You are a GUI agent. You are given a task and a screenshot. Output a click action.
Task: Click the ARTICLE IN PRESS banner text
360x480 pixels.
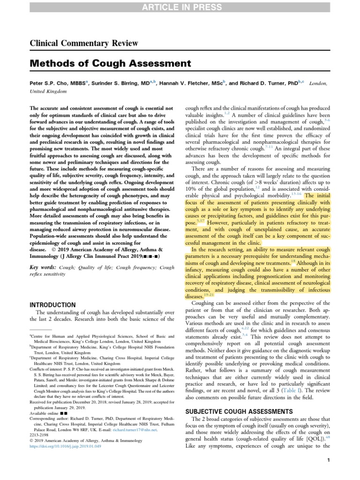click(180, 7)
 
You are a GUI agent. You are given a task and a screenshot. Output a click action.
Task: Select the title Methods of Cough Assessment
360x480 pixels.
click(110, 63)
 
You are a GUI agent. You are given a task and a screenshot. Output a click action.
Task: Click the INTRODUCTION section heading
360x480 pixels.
click(52, 305)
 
